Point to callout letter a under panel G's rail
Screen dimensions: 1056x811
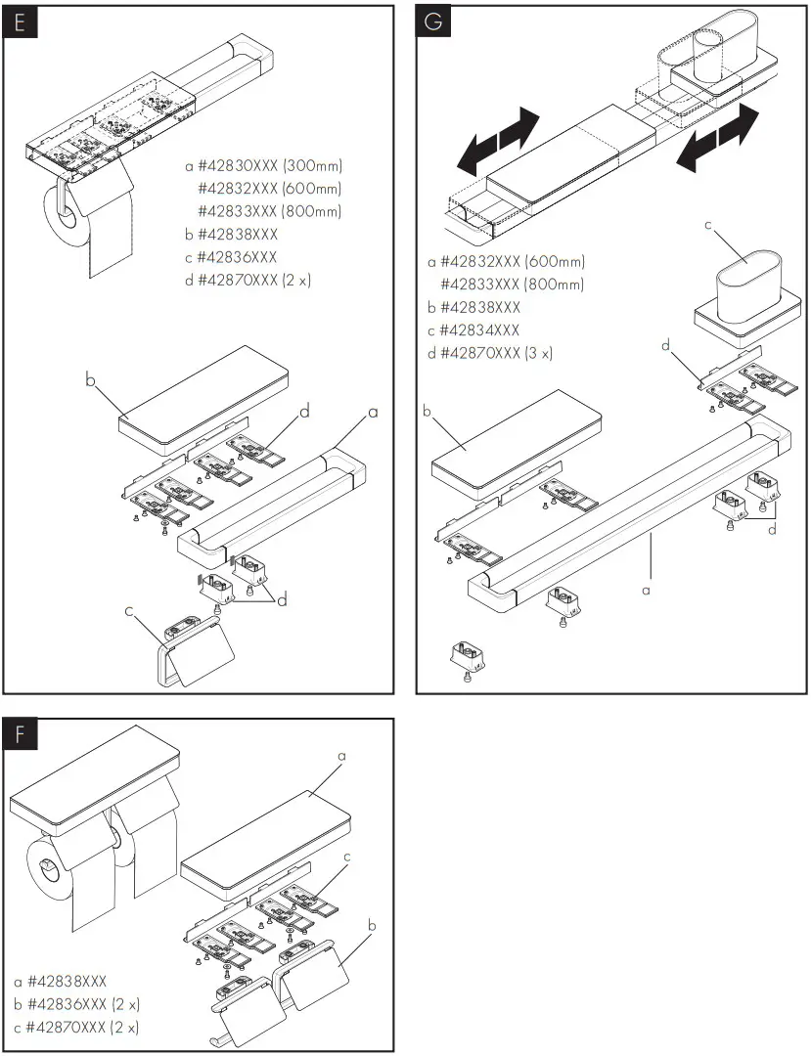click(x=645, y=591)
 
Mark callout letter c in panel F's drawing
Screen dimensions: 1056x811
click(x=347, y=858)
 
